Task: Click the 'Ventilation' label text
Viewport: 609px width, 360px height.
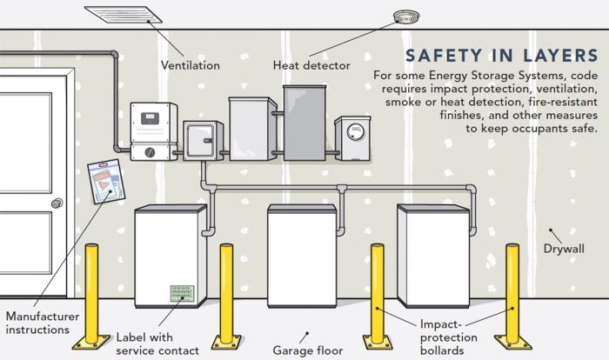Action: click(x=190, y=65)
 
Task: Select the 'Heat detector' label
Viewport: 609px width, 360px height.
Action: click(x=311, y=65)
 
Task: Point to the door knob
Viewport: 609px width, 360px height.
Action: click(x=57, y=203)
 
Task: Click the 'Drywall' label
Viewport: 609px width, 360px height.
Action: click(x=564, y=249)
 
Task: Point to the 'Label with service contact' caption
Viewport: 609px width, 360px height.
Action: click(x=157, y=343)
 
